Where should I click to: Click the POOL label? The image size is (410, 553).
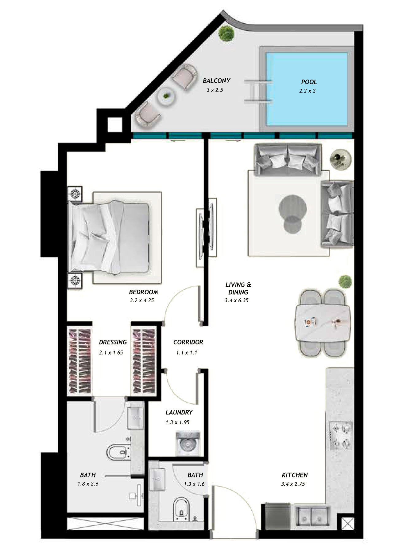[309, 82]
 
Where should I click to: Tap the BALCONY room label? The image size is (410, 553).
[216, 81]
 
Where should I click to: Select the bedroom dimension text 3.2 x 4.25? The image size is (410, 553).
[142, 300]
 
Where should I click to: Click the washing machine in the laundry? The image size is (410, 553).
[188, 444]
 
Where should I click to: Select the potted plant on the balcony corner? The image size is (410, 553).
[226, 33]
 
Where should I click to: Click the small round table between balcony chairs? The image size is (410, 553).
[166, 97]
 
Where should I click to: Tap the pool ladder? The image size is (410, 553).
[258, 91]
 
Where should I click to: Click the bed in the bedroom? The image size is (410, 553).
[110, 237]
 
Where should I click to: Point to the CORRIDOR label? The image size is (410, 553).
[188, 342]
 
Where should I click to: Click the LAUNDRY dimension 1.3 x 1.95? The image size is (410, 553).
[177, 422]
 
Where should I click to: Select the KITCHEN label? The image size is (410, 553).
[295, 475]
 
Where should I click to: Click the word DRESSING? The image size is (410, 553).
[113, 342]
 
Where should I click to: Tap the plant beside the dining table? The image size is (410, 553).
[345, 282]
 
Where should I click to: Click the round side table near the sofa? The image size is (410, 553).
[340, 159]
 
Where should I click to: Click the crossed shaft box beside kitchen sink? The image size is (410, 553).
[347, 524]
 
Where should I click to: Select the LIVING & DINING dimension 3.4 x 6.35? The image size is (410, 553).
[237, 300]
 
